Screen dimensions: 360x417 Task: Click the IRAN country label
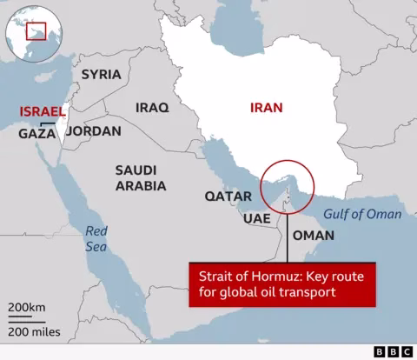coord(268,108)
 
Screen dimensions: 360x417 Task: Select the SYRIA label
coord(102,75)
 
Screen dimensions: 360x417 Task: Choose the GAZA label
coord(37,134)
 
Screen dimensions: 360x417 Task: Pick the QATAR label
coord(228,197)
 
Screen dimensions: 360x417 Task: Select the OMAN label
coord(314,236)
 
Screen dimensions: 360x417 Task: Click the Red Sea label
coord(95,238)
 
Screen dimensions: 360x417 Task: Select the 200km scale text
coord(29,308)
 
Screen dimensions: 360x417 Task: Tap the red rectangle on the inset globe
coord(36,32)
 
